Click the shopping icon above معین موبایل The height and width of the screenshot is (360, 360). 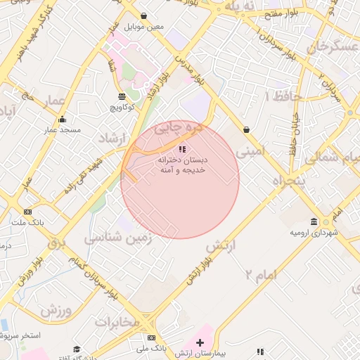(x=144, y=15)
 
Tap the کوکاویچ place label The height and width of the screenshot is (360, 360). (x=124, y=108)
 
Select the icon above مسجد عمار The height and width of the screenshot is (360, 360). (x=62, y=119)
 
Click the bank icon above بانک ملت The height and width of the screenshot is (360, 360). (x=28, y=212)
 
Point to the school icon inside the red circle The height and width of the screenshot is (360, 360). (x=183, y=149)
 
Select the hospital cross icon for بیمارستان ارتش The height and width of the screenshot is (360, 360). (x=200, y=342)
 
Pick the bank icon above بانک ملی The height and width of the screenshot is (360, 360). (x=152, y=337)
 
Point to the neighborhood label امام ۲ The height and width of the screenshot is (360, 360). (x=262, y=274)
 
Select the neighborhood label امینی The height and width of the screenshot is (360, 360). (x=250, y=151)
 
